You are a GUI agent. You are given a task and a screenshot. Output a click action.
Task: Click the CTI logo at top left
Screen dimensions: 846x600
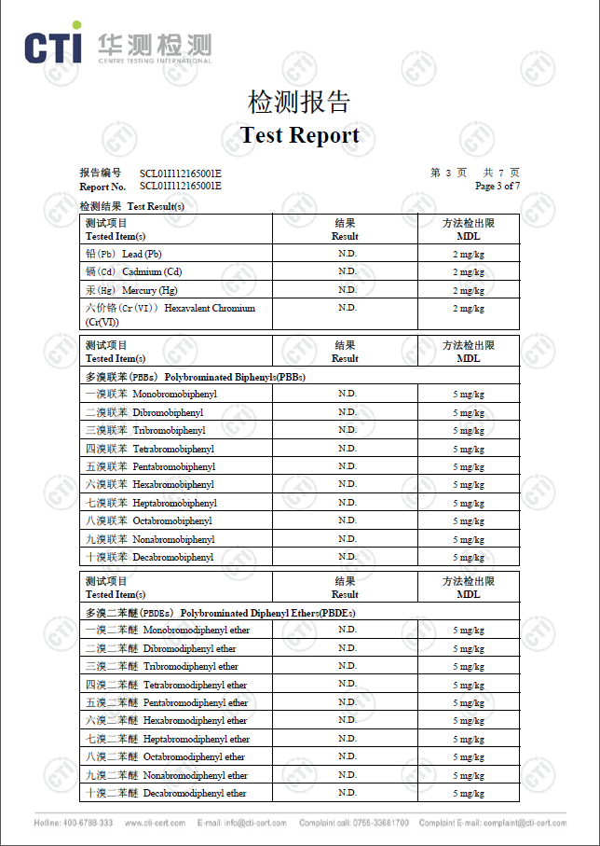[53, 47]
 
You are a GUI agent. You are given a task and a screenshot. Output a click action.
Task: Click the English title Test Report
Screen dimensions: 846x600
[299, 135]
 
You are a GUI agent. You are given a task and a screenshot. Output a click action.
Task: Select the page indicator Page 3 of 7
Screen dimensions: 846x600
[497, 186]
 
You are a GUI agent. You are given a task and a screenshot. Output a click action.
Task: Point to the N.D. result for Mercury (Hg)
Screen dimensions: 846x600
[347, 290]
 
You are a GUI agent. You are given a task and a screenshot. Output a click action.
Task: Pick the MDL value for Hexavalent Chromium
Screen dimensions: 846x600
[468, 309]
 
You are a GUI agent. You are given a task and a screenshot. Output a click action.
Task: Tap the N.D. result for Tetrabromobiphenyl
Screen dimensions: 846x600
[347, 449]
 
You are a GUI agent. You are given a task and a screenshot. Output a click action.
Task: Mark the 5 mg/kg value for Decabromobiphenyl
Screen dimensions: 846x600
[468, 558]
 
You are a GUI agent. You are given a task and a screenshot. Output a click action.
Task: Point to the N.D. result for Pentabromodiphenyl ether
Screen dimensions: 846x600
[347, 702]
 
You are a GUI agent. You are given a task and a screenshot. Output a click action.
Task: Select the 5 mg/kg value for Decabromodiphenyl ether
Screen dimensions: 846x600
[468, 794]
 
